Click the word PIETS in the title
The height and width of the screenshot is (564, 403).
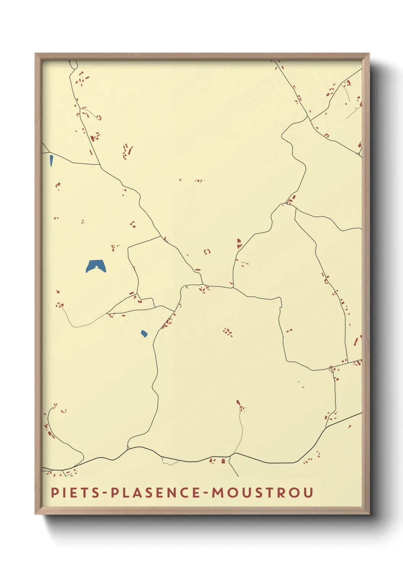point(75,492)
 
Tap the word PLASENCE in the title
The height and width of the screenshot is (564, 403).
point(155,492)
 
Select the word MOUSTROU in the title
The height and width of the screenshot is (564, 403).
point(262,492)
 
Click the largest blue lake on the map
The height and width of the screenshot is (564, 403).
point(96,266)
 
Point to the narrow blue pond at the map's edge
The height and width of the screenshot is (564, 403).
point(51,160)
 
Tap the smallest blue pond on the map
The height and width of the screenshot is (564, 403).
point(144,334)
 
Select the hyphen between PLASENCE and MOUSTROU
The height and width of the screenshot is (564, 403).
point(206,493)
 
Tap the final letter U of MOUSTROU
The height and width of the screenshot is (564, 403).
point(309,492)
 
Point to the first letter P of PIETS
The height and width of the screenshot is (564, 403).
point(54,492)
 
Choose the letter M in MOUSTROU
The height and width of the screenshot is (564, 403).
point(219,492)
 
